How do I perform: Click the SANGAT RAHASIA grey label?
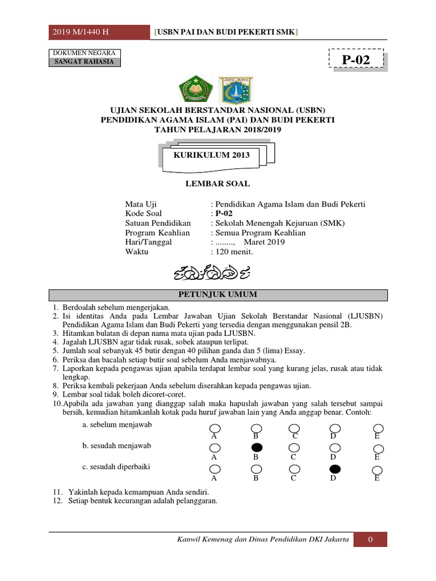[84, 62]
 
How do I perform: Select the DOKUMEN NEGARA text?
[84, 53]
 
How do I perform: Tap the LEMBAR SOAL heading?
[219, 184]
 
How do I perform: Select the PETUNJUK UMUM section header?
[219, 294]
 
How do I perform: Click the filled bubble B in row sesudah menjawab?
[256, 448]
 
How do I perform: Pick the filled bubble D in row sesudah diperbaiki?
[335, 469]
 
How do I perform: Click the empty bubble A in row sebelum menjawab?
[215, 428]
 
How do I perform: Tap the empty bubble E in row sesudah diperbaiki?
[377, 470]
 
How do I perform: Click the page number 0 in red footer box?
[370, 540]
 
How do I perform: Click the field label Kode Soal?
[144, 214]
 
